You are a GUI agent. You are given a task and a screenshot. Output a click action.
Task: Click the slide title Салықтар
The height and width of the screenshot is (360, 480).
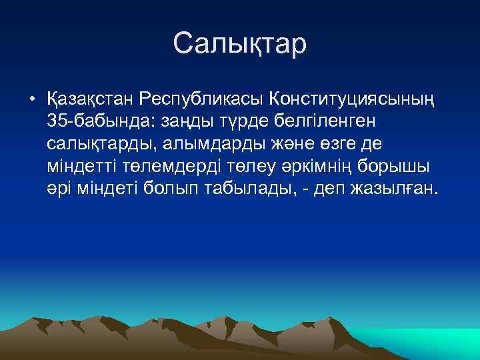[x=240, y=44]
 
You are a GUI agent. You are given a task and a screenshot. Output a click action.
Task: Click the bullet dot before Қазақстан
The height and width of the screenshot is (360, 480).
[x=31, y=100]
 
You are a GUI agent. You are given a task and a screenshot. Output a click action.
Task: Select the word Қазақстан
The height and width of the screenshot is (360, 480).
[x=89, y=100]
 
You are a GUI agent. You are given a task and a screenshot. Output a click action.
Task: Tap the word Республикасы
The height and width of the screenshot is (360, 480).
[x=201, y=100]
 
